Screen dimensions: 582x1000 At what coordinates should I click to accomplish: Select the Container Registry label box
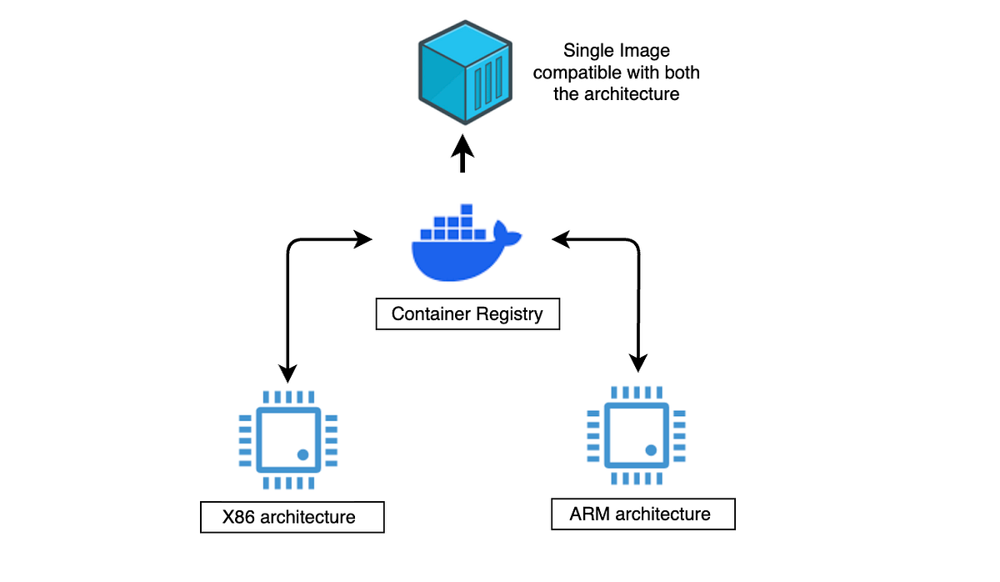pyautogui.click(x=467, y=314)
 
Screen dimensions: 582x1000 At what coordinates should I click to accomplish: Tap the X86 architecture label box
pyautogui.click(x=292, y=517)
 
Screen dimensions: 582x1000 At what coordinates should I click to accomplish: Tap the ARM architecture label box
pyautogui.click(x=643, y=514)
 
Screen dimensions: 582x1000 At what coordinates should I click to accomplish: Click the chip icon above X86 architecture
pyautogui.click(x=288, y=439)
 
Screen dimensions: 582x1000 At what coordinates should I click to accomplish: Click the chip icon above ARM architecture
pyautogui.click(x=637, y=434)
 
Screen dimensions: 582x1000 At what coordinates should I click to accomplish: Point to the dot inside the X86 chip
pyautogui.click(x=302, y=455)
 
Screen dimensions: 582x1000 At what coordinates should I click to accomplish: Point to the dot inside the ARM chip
pyautogui.click(x=651, y=450)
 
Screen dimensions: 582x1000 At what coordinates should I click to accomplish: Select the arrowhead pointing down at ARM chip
pyautogui.click(x=638, y=364)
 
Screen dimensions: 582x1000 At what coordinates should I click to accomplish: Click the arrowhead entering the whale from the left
pyautogui.click(x=363, y=240)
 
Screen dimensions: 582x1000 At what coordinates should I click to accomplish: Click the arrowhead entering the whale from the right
pyautogui.click(x=561, y=240)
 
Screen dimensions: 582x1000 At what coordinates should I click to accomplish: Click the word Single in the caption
pyautogui.click(x=586, y=52)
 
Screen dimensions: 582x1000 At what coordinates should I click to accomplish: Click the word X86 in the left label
pyautogui.click(x=239, y=517)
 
